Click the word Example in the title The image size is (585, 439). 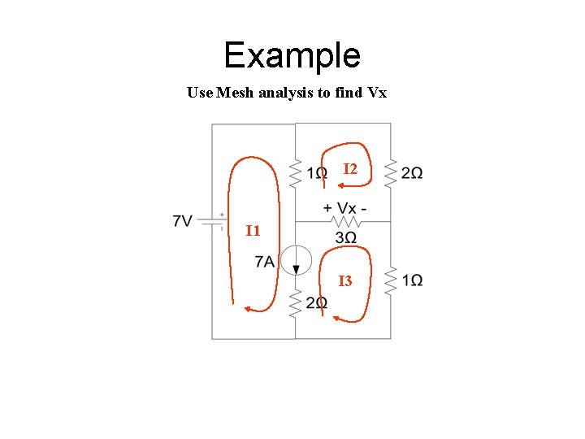click(x=292, y=55)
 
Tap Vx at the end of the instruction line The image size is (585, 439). click(x=377, y=93)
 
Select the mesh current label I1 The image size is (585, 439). click(x=253, y=231)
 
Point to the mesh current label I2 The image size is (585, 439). click(x=350, y=169)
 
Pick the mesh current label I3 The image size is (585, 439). click(x=345, y=281)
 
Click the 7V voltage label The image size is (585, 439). click(x=183, y=221)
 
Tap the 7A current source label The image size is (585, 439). click(x=265, y=262)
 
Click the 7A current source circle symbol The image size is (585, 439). click(x=296, y=259)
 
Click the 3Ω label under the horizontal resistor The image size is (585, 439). click(x=345, y=237)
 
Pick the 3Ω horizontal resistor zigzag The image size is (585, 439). click(x=345, y=221)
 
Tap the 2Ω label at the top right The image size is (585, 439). click(x=412, y=173)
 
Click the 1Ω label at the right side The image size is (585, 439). click(x=412, y=280)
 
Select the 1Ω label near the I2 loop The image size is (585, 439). click(x=318, y=173)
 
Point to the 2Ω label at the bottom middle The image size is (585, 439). click(x=316, y=303)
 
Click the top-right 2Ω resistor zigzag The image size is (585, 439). click(x=391, y=172)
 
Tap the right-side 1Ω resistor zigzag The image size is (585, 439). click(x=391, y=280)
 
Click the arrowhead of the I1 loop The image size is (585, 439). click(x=249, y=308)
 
